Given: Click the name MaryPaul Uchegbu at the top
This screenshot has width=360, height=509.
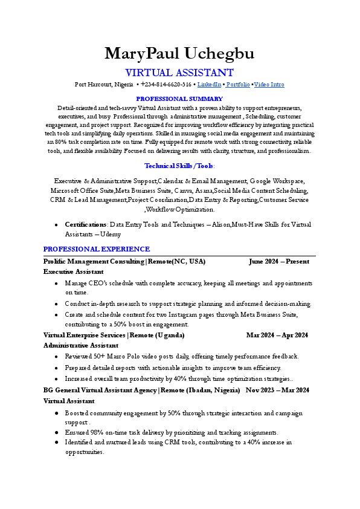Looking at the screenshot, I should tap(179, 54).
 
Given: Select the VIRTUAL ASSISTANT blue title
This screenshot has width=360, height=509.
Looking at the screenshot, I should tap(179, 73).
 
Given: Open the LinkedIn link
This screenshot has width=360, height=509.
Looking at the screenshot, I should tap(209, 85).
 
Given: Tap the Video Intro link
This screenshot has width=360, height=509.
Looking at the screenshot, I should tap(269, 85).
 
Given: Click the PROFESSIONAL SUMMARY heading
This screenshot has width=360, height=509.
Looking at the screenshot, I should tap(179, 99).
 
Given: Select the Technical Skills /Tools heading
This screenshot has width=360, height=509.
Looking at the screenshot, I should tap(179, 166).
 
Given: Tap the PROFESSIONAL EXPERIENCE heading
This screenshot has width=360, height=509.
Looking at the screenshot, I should tap(97, 249).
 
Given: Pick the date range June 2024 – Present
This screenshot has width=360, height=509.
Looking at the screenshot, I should tap(278, 262).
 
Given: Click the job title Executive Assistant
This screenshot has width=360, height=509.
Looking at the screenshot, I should tap(73, 272).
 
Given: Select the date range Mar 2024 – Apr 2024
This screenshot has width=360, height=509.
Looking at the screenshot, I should tap(277, 335).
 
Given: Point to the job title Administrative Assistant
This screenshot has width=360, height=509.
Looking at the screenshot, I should tap(79, 345).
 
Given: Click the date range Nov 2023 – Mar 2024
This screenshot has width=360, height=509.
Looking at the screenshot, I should tap(277, 391).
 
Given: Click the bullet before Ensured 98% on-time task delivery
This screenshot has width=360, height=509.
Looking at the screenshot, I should tap(56, 433).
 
